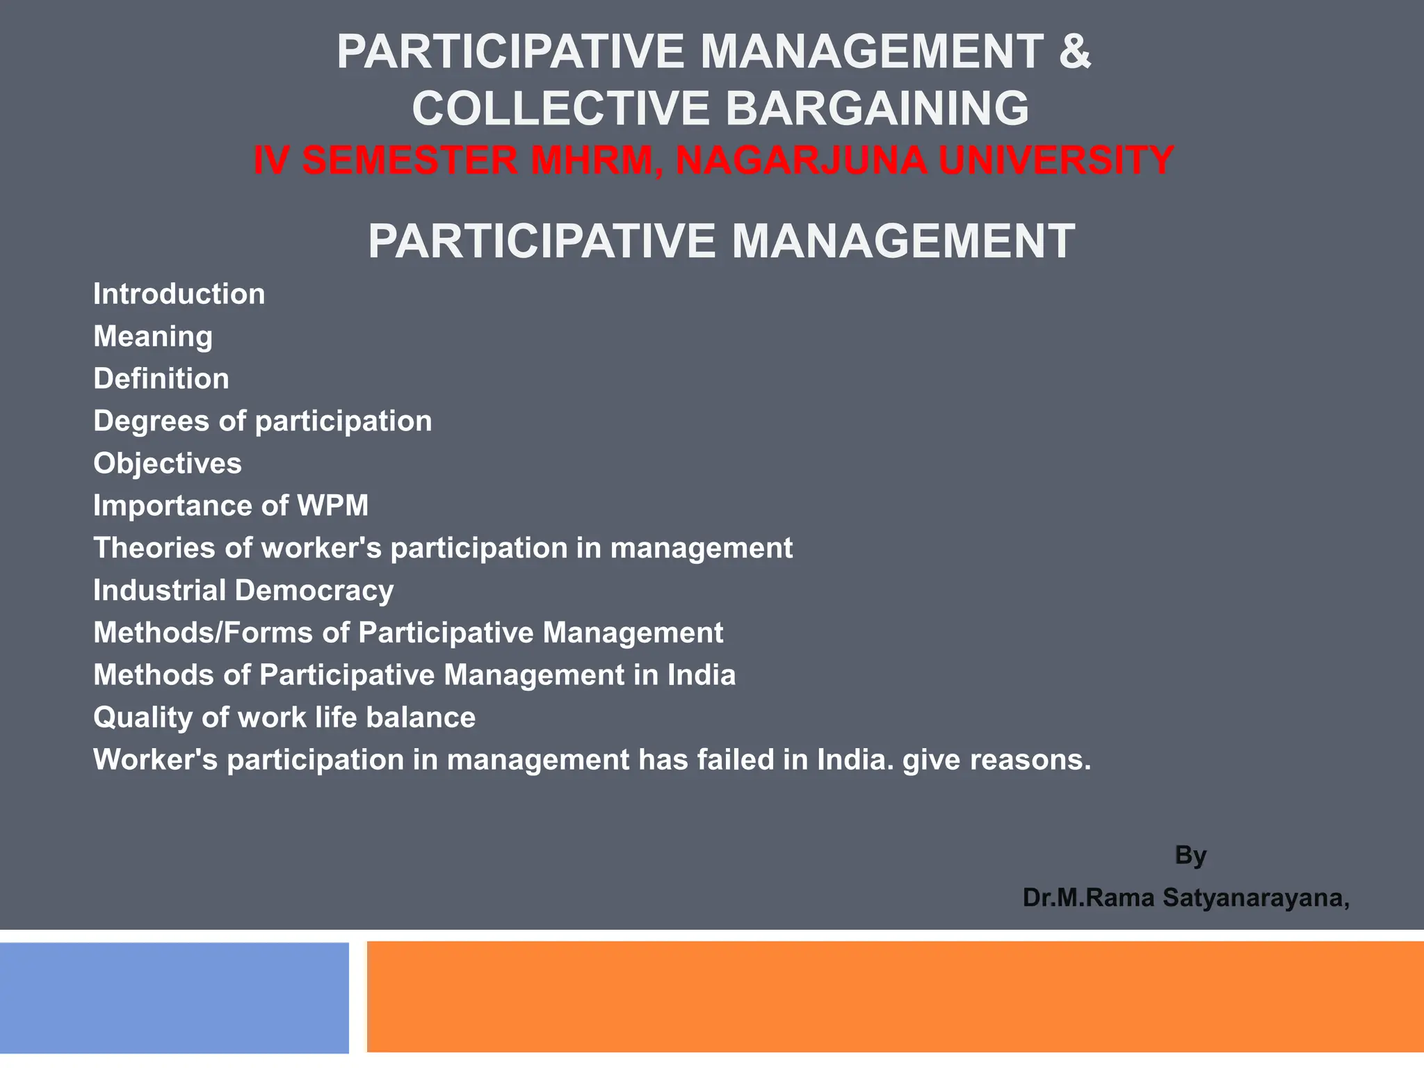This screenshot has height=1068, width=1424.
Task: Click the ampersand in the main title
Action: (1074, 52)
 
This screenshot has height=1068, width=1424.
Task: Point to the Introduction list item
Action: (179, 294)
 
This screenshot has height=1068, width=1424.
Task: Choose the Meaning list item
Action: (153, 337)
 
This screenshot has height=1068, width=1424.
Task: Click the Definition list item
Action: (161, 379)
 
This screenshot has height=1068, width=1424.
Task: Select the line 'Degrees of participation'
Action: (263, 421)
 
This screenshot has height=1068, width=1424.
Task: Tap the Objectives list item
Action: (168, 464)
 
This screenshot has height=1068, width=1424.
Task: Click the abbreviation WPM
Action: (332, 506)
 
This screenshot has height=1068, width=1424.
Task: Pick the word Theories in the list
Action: (154, 549)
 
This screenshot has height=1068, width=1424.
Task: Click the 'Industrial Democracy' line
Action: (243, 591)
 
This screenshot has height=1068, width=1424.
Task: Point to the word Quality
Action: (143, 718)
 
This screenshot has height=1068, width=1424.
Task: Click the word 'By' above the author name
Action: (1190, 855)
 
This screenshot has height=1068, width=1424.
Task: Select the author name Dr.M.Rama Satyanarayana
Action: (1186, 898)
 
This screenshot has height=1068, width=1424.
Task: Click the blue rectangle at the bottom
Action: (174, 998)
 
